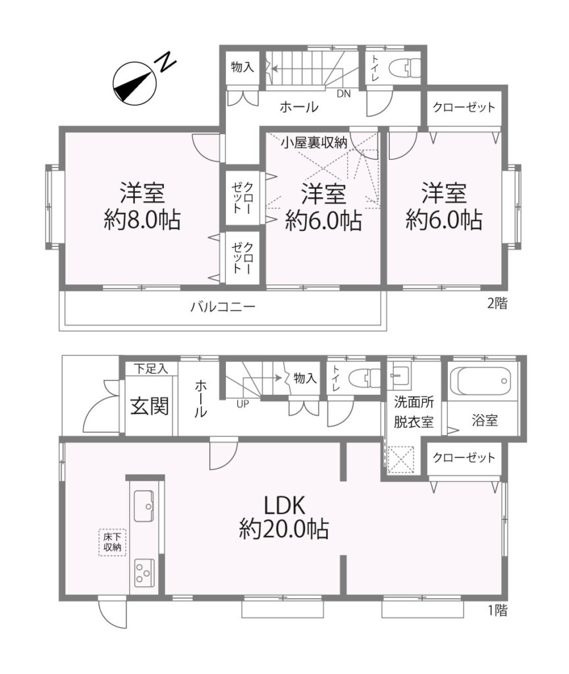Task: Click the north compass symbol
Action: click(x=133, y=82)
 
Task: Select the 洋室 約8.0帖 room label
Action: click(x=142, y=206)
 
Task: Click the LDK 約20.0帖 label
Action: click(x=284, y=517)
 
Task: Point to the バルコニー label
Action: click(x=223, y=307)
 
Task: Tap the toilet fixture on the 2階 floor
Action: click(x=405, y=67)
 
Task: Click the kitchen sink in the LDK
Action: click(x=144, y=505)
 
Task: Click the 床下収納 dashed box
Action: click(x=112, y=542)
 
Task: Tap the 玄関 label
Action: click(x=149, y=405)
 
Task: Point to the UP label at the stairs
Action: click(x=242, y=404)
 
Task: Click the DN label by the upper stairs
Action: click(x=343, y=93)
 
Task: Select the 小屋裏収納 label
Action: click(x=314, y=142)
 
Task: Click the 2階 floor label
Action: click(x=497, y=303)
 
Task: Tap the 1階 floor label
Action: click(x=497, y=610)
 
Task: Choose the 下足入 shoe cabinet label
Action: click(x=150, y=369)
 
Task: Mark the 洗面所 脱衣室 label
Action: click(x=414, y=412)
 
